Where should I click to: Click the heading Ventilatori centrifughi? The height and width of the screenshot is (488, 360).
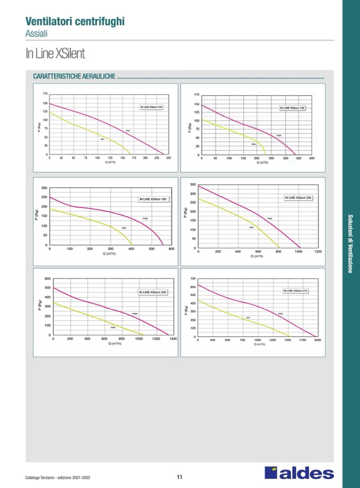(x=75, y=22)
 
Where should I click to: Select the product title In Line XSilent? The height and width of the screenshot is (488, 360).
(x=55, y=54)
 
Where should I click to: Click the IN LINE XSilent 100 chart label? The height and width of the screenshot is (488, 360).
(x=151, y=107)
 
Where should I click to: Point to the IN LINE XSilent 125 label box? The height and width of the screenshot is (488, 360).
(x=293, y=107)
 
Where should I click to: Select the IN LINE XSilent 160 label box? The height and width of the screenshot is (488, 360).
(x=152, y=199)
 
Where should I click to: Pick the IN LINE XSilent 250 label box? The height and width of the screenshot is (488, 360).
(x=152, y=292)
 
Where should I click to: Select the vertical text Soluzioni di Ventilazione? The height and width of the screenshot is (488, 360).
(x=350, y=243)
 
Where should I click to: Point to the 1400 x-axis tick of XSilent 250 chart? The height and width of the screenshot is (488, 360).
(x=173, y=338)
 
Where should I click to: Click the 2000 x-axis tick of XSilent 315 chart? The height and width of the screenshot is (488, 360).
(x=318, y=339)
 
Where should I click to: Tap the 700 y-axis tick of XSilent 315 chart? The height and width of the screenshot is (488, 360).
(x=193, y=278)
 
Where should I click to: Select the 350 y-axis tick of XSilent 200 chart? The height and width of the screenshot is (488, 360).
(x=193, y=185)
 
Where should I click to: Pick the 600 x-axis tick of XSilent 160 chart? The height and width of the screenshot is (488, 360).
(x=172, y=248)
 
